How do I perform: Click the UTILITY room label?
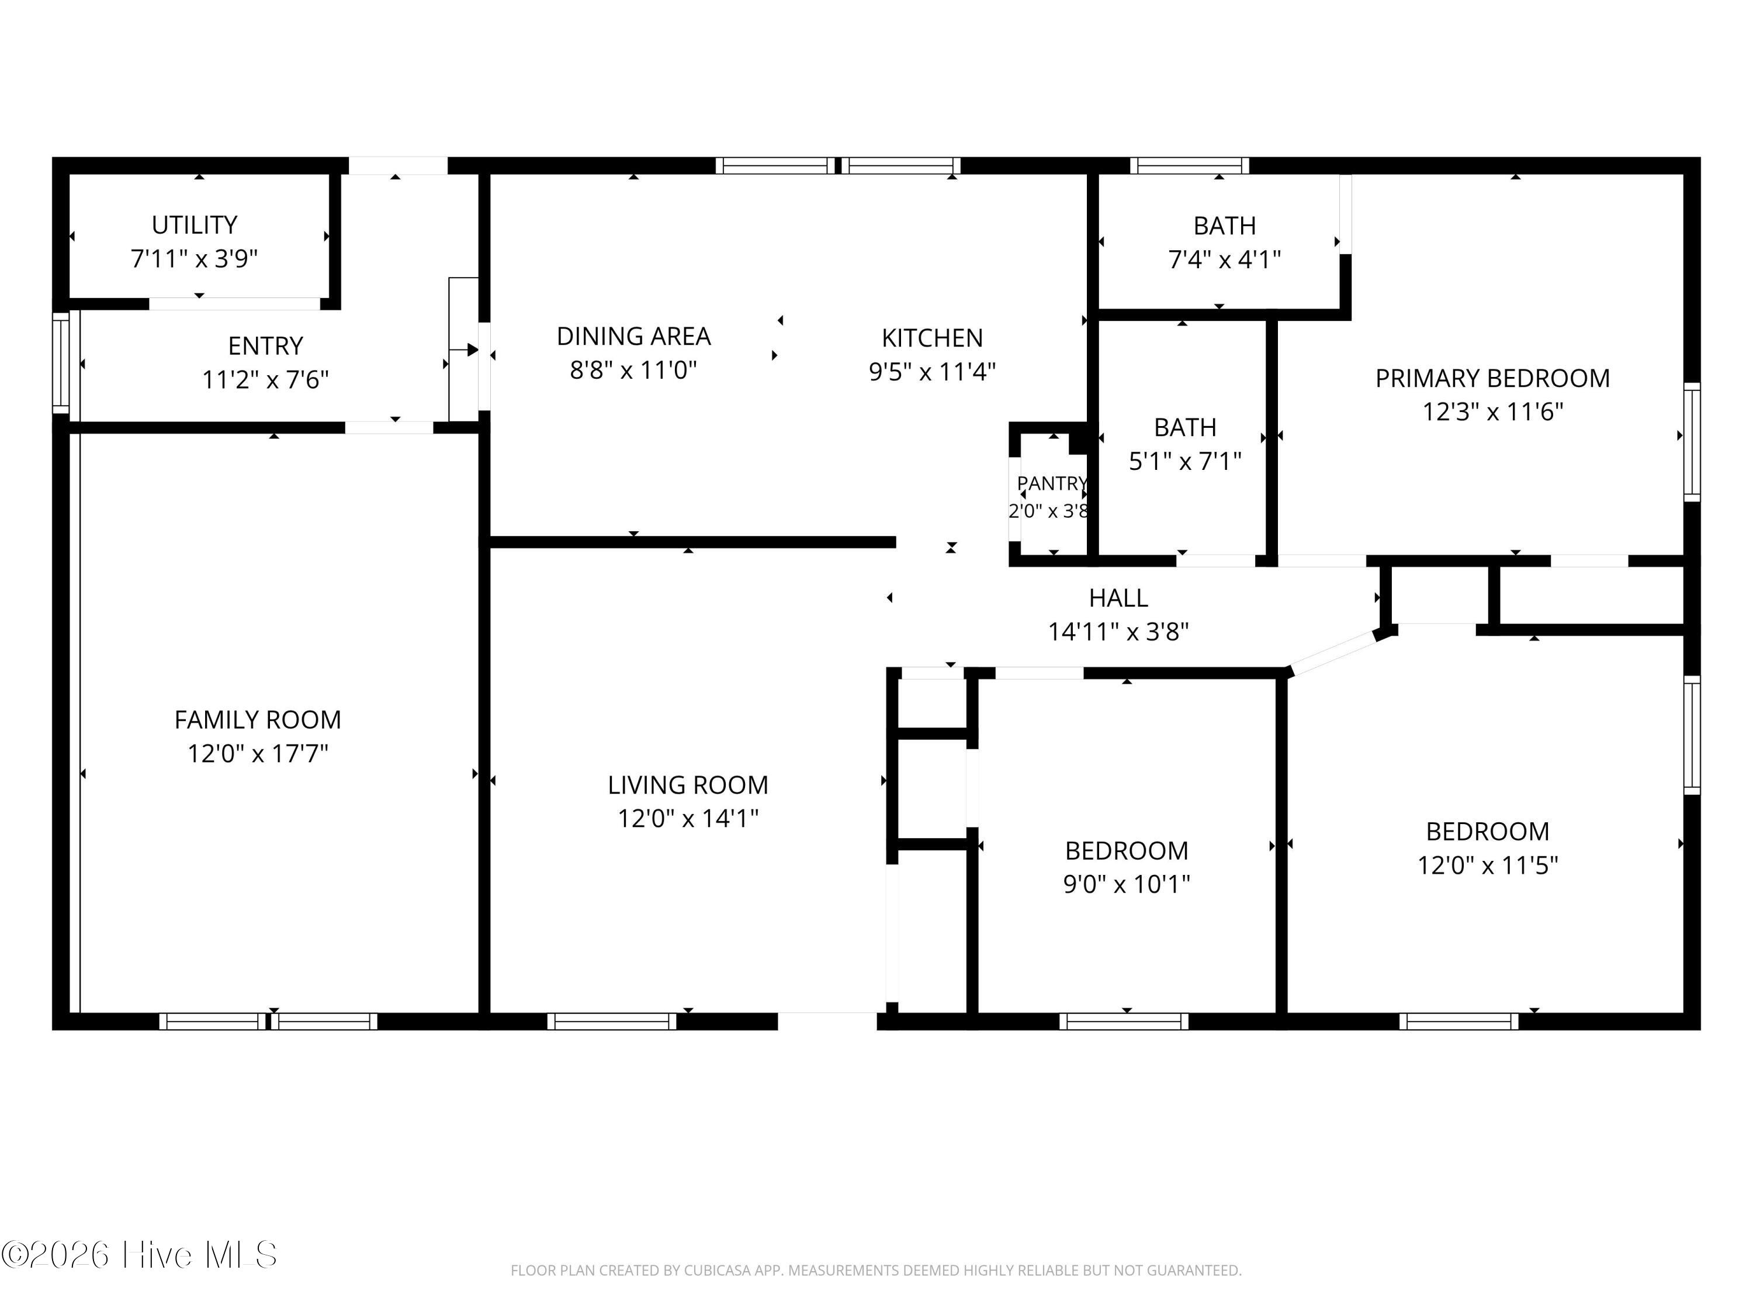[194, 225]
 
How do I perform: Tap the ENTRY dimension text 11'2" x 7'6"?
[265, 380]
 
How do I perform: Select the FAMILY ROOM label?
[258, 719]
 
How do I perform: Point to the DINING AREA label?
[633, 336]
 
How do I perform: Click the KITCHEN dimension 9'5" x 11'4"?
[932, 371]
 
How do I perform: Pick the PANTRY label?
[1052, 483]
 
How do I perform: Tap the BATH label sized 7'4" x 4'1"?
[1224, 226]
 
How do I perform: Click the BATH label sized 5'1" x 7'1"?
[1185, 427]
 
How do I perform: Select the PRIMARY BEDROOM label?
[1492, 378]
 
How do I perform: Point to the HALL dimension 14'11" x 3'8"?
[1118, 632]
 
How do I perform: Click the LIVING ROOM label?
[688, 785]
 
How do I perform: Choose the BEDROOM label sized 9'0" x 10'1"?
[1126, 850]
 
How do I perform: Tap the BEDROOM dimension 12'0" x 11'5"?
[1488, 865]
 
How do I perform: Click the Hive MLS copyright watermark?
[140, 1255]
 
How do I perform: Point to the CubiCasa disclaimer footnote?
[876, 1271]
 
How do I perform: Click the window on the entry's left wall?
[61, 362]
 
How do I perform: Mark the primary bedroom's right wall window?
[1692, 441]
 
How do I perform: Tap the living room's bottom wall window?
[612, 1022]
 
